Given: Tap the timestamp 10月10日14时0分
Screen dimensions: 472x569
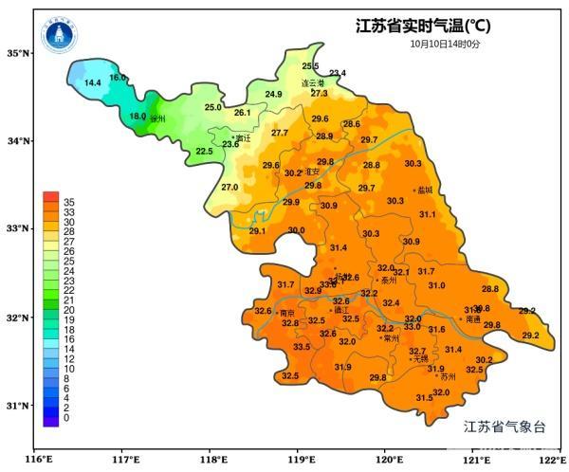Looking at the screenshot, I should click(445, 44).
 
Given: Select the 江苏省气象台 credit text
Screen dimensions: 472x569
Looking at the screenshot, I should click(505, 427).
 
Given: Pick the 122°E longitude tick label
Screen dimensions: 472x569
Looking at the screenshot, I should click(551, 460).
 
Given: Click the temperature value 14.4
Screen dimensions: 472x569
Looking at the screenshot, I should click(93, 83).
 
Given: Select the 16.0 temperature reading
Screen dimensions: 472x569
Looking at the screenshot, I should click(118, 78).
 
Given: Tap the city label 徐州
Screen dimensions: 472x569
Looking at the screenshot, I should click(157, 119).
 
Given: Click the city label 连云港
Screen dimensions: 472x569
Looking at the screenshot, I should click(313, 82).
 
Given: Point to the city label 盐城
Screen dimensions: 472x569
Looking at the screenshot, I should click(424, 191).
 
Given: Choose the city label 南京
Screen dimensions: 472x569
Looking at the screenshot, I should click(285, 312).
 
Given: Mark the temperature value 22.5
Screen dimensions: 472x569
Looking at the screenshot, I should click(204, 152).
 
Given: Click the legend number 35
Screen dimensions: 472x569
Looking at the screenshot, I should click(68, 203).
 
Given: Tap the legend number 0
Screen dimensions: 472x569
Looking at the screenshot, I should click(65, 418).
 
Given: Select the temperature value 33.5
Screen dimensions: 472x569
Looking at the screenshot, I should click(302, 347).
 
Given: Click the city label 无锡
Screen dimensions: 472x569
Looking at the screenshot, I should click(420, 359).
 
